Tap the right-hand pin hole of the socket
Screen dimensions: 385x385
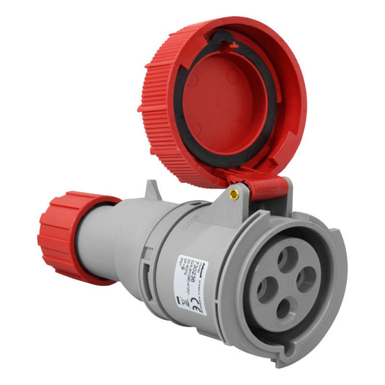[x=306, y=280]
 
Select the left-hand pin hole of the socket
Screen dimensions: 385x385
[x=267, y=289]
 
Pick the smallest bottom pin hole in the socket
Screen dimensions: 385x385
[x=286, y=309]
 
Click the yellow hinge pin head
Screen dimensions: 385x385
[x=233, y=193]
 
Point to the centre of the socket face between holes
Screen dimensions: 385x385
[x=287, y=283]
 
